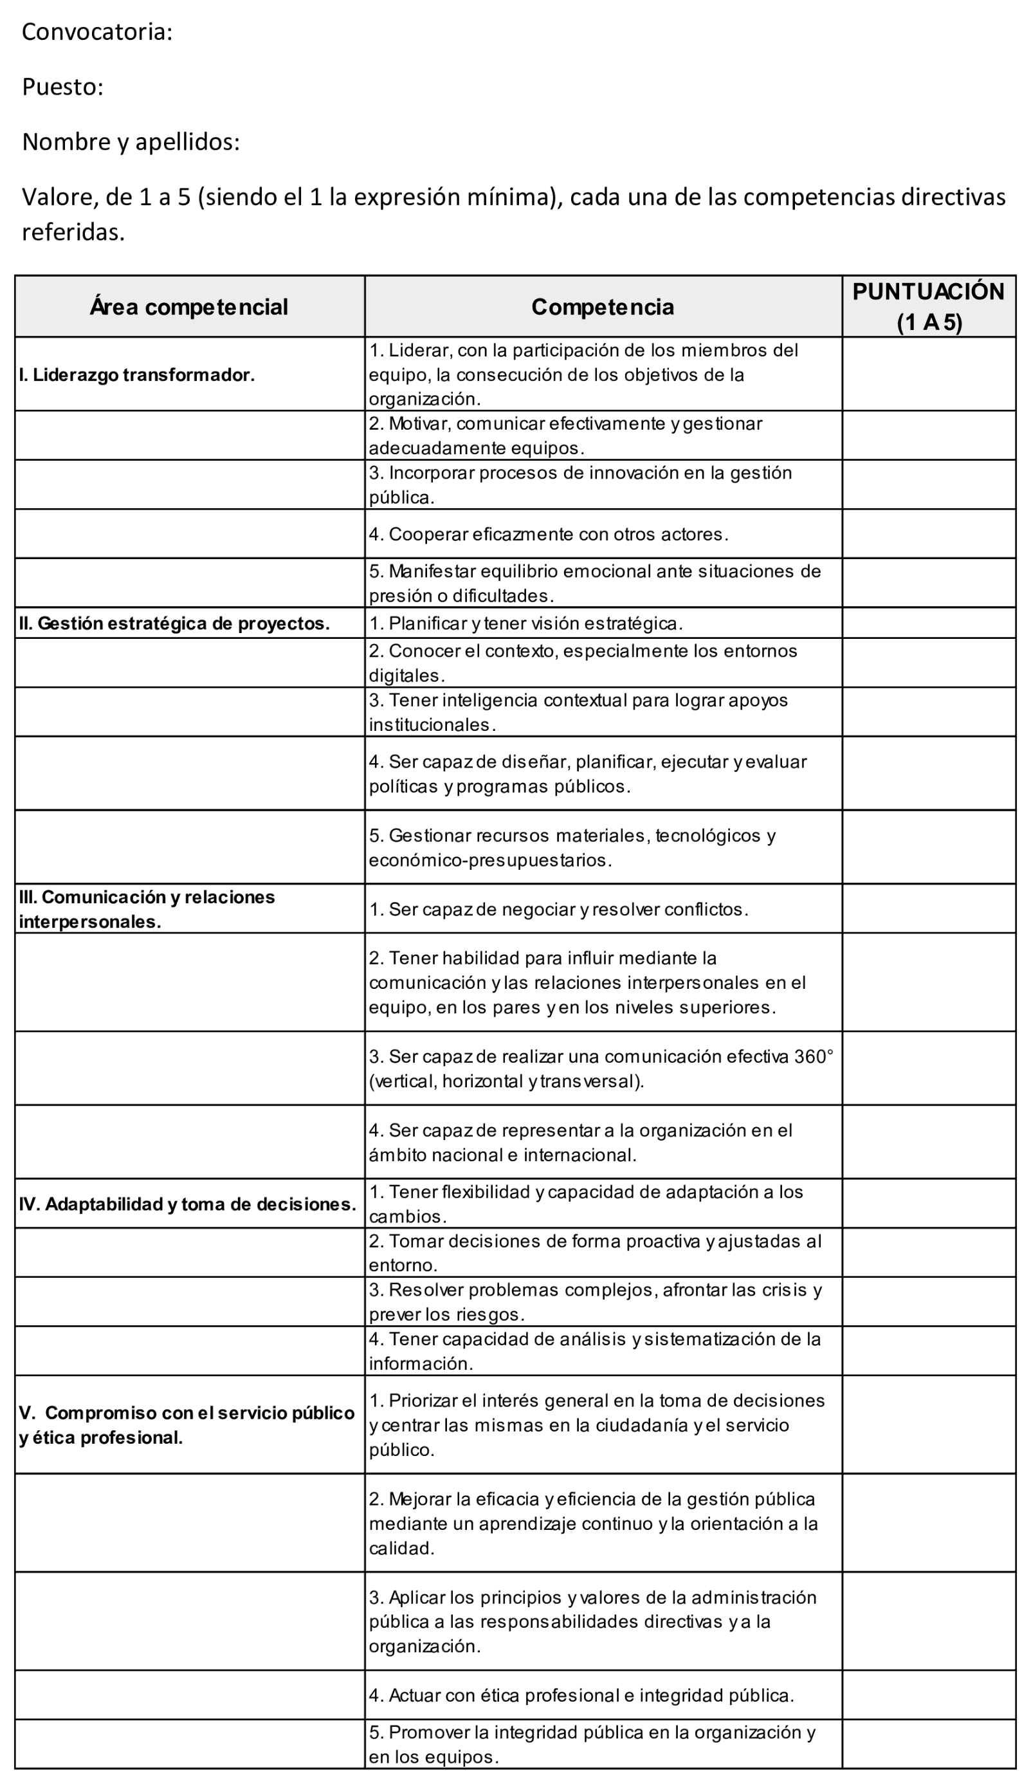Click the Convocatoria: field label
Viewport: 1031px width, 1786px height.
[97, 33]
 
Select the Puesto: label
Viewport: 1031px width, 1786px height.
[63, 87]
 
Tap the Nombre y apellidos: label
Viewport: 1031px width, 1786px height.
[131, 142]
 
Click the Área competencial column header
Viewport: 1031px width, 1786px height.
[189, 307]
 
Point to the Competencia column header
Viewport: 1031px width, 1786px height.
[603, 307]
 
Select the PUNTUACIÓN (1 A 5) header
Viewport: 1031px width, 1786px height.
[928, 307]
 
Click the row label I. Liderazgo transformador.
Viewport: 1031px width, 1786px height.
[136, 374]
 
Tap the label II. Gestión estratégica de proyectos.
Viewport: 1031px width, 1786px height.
[174, 623]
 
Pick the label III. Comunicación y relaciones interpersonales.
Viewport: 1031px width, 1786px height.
[147, 908]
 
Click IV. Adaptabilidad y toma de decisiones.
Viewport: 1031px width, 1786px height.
[188, 1204]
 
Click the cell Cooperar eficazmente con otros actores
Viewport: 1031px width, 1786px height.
[548, 534]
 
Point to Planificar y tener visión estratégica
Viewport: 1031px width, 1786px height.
[525, 623]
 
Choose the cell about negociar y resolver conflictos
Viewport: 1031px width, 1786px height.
[558, 908]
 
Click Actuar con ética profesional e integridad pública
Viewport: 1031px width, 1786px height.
[581, 1695]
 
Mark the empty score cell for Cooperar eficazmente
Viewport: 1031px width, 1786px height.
[928, 534]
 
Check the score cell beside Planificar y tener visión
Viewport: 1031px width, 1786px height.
[928, 623]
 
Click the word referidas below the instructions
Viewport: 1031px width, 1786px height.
[73, 232]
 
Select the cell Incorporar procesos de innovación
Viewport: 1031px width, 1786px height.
[580, 484]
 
